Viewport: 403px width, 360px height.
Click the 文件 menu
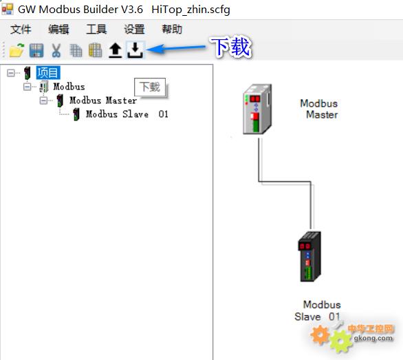pos(21,29)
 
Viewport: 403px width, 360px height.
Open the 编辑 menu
pos(58,29)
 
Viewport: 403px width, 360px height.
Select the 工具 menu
pos(96,29)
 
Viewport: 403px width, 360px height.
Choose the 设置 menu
pos(134,29)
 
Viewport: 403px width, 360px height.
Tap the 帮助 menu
pos(172,29)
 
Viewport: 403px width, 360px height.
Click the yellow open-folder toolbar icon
pos(17,50)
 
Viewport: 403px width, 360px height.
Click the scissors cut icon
pos(56,50)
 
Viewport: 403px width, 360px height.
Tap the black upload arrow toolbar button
pos(115,50)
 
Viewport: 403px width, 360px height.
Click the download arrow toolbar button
pos(135,50)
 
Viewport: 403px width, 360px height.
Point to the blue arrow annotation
pos(176,48)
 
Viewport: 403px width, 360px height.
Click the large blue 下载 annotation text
pos(230,47)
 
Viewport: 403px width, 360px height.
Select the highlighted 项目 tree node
pos(48,72)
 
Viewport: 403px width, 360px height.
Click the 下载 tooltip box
pos(150,87)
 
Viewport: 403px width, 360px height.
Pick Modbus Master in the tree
pos(103,100)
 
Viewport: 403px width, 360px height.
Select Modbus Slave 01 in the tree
pos(127,114)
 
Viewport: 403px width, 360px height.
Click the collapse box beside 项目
pos(11,73)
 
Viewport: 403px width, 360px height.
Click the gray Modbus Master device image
pos(257,109)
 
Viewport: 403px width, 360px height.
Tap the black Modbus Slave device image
pos(309,257)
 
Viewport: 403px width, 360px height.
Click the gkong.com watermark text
pos(373,338)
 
